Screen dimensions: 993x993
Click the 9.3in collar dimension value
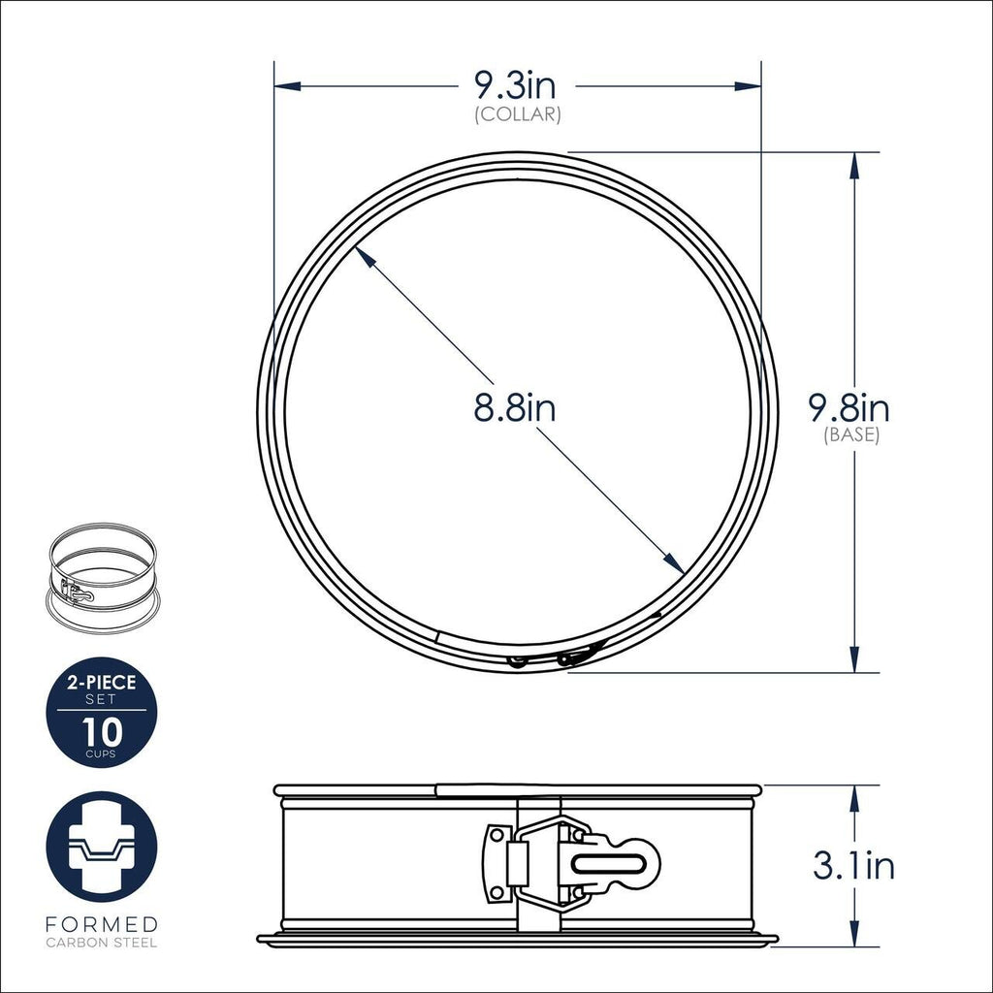(x=514, y=86)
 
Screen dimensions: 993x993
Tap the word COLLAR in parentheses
(x=518, y=114)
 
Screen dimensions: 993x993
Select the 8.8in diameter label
(x=514, y=407)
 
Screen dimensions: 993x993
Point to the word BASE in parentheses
(x=851, y=435)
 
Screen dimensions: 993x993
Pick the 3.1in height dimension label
(x=853, y=865)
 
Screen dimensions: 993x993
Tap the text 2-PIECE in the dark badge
(x=101, y=683)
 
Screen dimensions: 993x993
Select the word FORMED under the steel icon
(x=101, y=924)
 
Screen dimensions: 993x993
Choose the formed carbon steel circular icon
(x=101, y=847)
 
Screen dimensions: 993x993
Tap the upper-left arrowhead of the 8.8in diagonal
(x=362, y=252)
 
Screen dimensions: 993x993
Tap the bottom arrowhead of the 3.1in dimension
(x=853, y=933)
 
